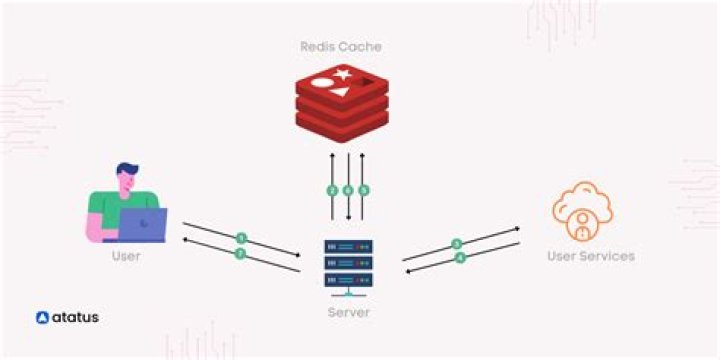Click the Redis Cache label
pos(341,46)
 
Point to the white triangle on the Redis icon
pos(341,92)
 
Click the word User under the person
pos(125,256)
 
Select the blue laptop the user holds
pos(142,225)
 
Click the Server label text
pos(348,312)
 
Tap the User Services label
pos(590,256)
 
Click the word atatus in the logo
pos(75,318)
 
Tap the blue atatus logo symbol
pos(42,318)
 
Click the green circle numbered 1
pos(241,238)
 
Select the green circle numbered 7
pos(240,254)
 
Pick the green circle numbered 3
pos(457,243)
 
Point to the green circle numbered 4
pos(460,257)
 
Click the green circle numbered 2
pos(332,190)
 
